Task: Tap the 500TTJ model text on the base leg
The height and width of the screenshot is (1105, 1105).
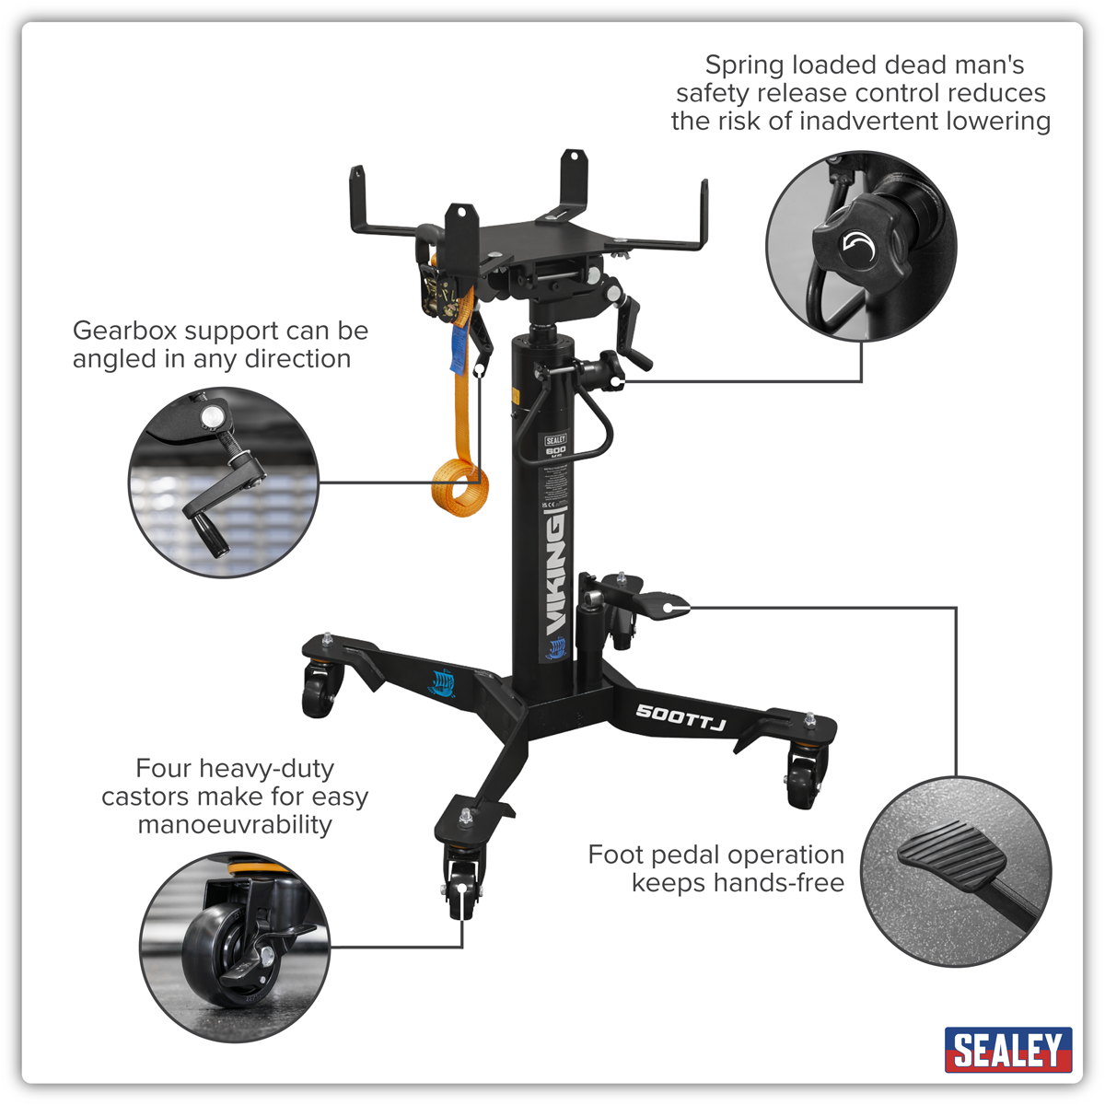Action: point(681,716)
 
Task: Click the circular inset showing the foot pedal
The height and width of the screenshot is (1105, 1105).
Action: point(957,869)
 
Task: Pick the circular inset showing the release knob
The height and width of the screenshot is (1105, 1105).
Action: point(861,247)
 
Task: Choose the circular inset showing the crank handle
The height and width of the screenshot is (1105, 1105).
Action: point(224,482)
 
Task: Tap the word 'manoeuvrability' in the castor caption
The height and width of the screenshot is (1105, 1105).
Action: point(235,825)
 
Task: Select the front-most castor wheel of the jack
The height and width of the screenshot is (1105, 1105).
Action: point(461,890)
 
